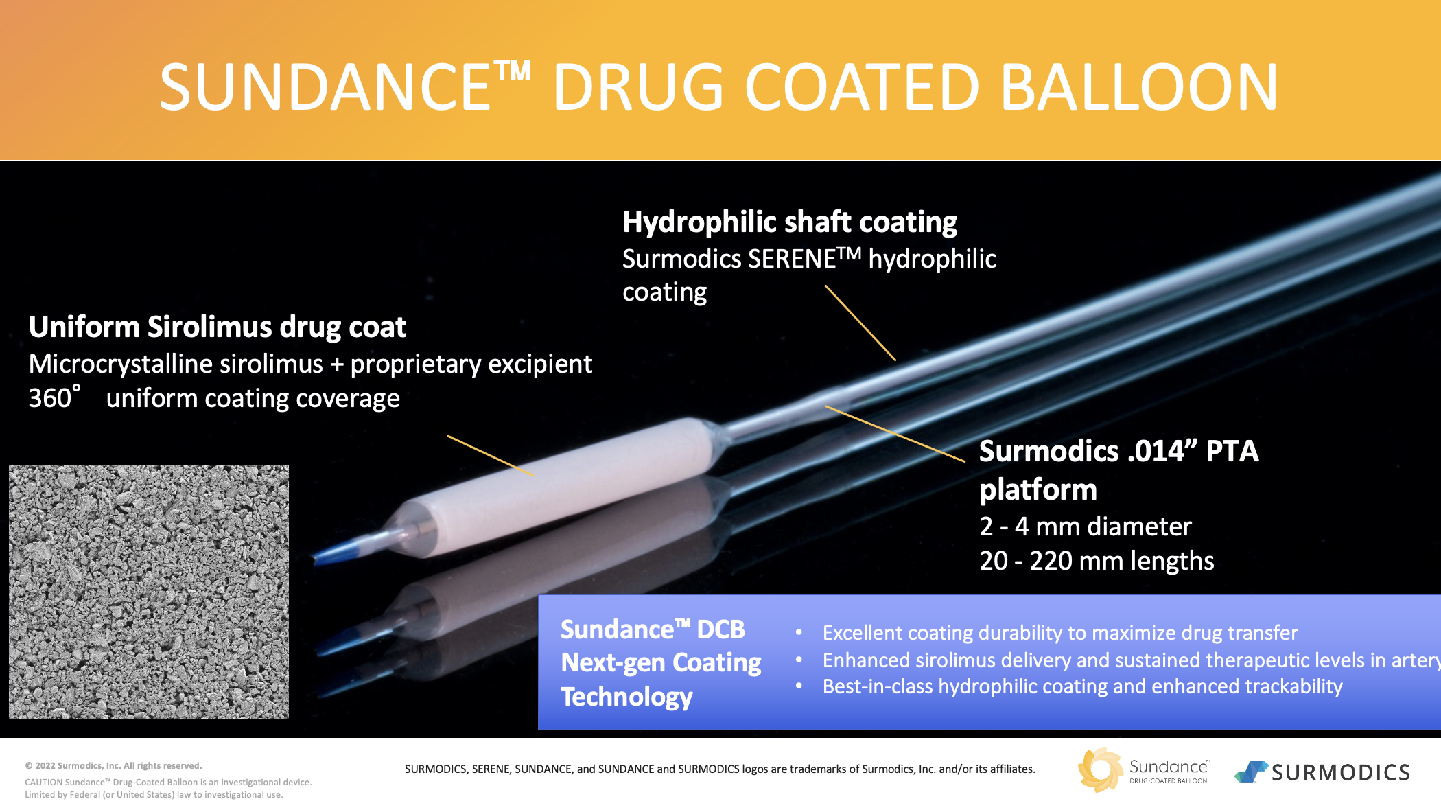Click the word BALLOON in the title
[1139, 87]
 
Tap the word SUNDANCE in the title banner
[325, 87]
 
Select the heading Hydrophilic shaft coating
[790, 222]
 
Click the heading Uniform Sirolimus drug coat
[218, 327]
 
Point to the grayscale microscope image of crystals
[149, 592]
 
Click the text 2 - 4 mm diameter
[1086, 526]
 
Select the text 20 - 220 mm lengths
[1097, 561]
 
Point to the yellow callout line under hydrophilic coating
[860, 323]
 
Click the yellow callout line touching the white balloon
[490, 456]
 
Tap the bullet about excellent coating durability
[1060, 633]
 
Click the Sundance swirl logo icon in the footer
[1101, 769]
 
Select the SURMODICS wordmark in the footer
[1340, 773]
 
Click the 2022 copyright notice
[114, 766]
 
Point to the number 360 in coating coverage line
[50, 399]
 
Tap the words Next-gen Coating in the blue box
[661, 663]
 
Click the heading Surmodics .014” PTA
[1118, 452]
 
